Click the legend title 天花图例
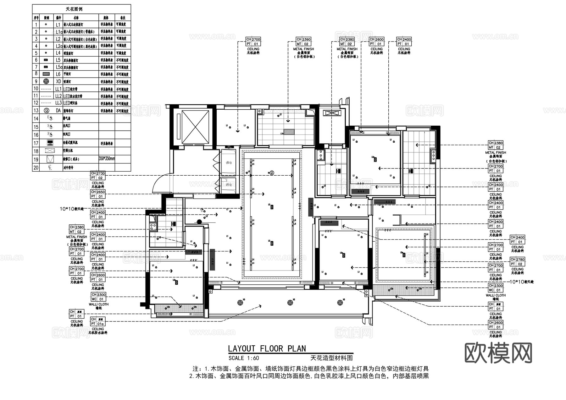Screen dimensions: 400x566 [x=74, y=9]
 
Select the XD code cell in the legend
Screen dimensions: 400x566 [x=58, y=82]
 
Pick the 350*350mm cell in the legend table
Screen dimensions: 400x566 [x=107, y=159]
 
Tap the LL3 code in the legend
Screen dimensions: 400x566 [x=58, y=103]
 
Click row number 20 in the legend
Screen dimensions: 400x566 [x=36, y=168]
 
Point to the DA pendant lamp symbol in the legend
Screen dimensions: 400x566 [x=46, y=111]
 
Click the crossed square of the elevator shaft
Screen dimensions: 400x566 [x=195, y=127]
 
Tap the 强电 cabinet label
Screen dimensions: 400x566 [x=229, y=163]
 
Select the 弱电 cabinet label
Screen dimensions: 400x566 [x=229, y=185]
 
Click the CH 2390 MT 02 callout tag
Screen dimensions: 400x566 [x=303, y=42]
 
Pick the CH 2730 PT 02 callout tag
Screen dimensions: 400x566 [x=98, y=176]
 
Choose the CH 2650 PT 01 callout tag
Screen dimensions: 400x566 [x=98, y=194]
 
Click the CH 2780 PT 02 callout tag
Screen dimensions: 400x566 [x=517, y=262]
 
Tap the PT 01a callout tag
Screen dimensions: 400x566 [x=98, y=321]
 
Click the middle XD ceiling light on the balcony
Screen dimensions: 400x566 [x=290, y=303]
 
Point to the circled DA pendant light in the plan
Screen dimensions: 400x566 [x=272, y=173]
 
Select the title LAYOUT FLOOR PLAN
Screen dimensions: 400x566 [x=267, y=348]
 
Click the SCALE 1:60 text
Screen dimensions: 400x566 [x=244, y=358]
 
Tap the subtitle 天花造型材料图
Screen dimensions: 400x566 [x=331, y=358]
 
